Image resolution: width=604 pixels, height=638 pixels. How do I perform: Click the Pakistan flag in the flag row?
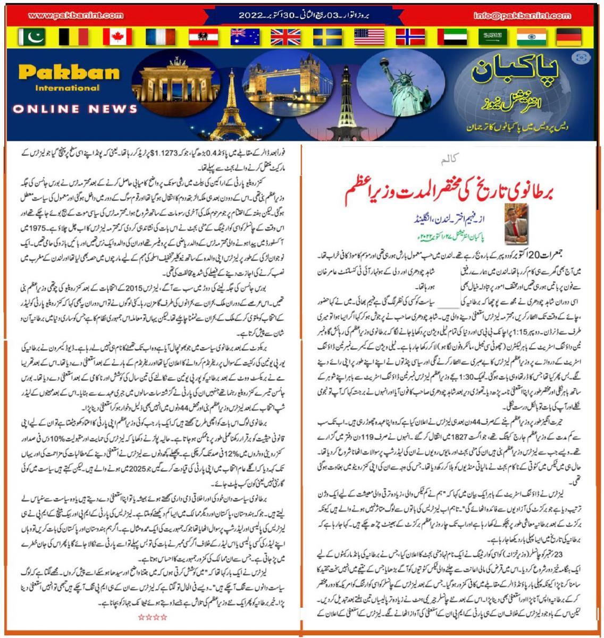(32, 37)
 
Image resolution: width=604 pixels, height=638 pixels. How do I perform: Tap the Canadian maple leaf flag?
(116, 37)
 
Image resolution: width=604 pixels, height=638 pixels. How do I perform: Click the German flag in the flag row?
(570, 37)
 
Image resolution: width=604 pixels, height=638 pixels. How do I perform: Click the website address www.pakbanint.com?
(74, 16)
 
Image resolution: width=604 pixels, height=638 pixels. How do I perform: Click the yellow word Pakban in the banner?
(69, 71)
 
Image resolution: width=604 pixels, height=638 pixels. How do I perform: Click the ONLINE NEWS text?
(75, 109)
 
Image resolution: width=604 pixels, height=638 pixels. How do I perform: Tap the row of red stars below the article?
(153, 617)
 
